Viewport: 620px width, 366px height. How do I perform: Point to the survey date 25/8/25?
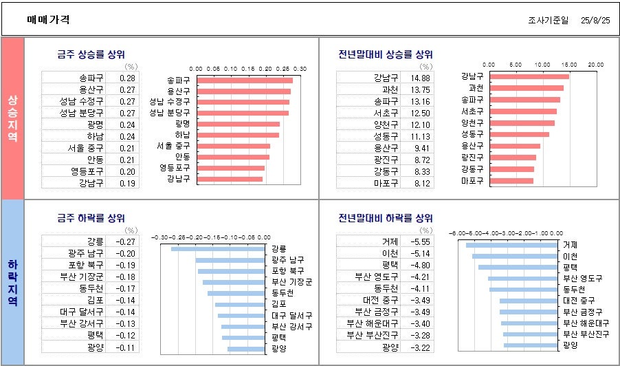point(596,21)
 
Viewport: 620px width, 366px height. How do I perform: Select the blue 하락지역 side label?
point(12,282)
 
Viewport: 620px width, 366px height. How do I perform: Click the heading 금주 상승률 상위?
point(91,54)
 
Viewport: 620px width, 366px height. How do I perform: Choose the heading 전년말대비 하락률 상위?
point(385,219)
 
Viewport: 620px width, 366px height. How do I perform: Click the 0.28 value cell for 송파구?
point(127,78)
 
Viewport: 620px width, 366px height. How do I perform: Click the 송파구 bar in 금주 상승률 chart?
point(244,80)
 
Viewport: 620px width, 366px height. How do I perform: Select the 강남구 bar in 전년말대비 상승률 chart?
point(516,76)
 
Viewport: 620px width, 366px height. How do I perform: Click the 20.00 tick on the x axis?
point(595,64)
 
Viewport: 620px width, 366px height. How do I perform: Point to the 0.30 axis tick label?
point(300,69)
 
